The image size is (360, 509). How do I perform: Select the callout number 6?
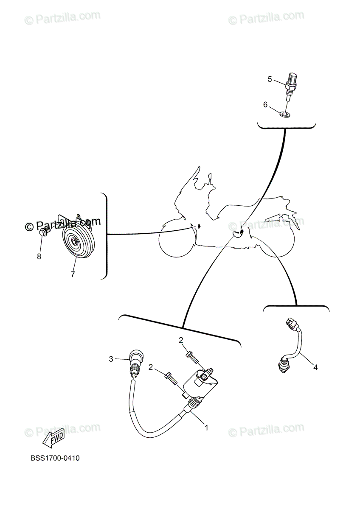coord(265,105)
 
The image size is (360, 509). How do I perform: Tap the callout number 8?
coord(39,256)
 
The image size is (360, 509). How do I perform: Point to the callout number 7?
coord(73,274)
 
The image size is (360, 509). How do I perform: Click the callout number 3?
coord(111,359)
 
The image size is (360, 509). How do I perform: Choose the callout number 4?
coord(315,367)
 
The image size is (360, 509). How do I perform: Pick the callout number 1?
coord(207,428)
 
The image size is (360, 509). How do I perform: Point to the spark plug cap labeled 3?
coord(136,359)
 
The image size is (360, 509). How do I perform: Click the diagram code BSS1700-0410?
coord(55,458)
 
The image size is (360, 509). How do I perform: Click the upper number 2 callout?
coord(180,340)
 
